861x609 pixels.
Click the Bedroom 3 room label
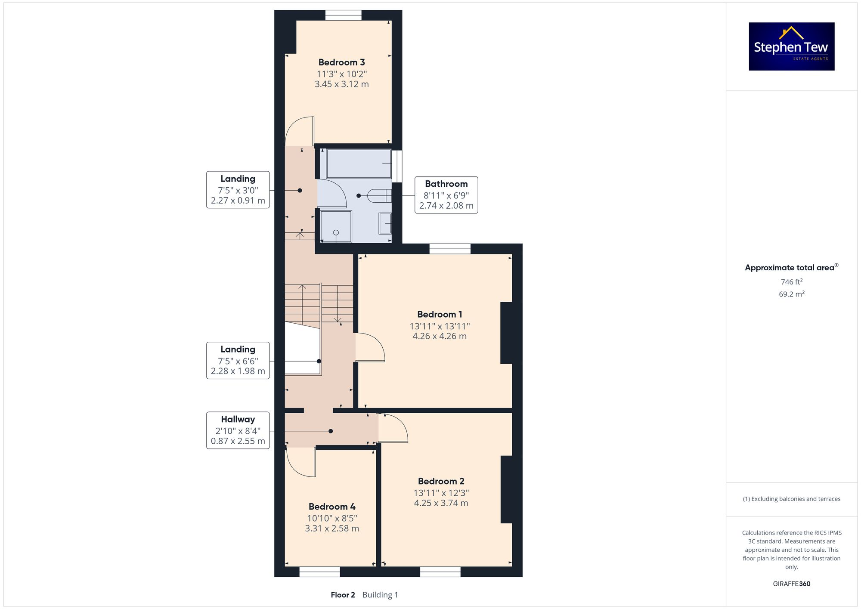341,62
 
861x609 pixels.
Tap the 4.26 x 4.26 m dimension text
439,336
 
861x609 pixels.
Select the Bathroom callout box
446,195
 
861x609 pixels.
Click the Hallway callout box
238,430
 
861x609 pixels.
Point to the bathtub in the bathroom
358,164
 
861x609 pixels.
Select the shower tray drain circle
336,232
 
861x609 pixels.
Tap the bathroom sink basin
385,223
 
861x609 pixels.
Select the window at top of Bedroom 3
343,15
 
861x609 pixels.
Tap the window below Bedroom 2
440,572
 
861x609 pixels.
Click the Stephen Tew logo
791,46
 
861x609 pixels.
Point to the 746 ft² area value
791,282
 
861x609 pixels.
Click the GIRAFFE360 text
791,584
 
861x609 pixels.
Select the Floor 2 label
343,595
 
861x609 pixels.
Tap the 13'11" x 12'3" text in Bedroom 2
441,493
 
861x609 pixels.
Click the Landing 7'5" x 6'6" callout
238,361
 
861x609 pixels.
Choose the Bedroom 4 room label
331,507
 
